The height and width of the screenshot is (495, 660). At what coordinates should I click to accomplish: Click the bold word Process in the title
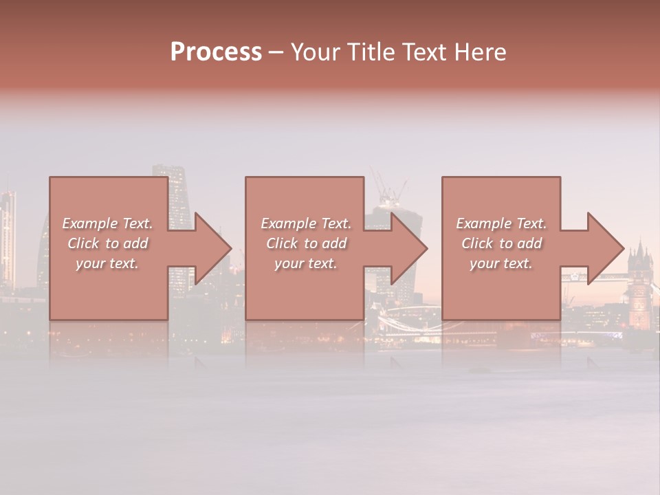pos(216,52)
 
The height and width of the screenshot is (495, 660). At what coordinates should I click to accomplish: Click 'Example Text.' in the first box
pos(107,223)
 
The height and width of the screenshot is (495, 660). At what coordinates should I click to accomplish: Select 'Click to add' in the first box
pos(107,243)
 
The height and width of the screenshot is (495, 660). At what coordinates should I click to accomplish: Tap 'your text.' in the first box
pos(107,263)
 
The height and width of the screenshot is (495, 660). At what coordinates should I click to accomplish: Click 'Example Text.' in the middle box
pos(306,223)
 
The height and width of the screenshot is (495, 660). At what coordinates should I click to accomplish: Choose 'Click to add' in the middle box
pos(306,243)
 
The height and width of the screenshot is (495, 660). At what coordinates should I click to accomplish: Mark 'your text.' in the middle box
pos(306,263)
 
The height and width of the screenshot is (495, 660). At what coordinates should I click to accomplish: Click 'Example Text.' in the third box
pos(501,223)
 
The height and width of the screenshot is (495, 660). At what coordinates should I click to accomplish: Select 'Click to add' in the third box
pos(501,243)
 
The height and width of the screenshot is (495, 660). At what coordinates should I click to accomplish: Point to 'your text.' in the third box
pos(501,263)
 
